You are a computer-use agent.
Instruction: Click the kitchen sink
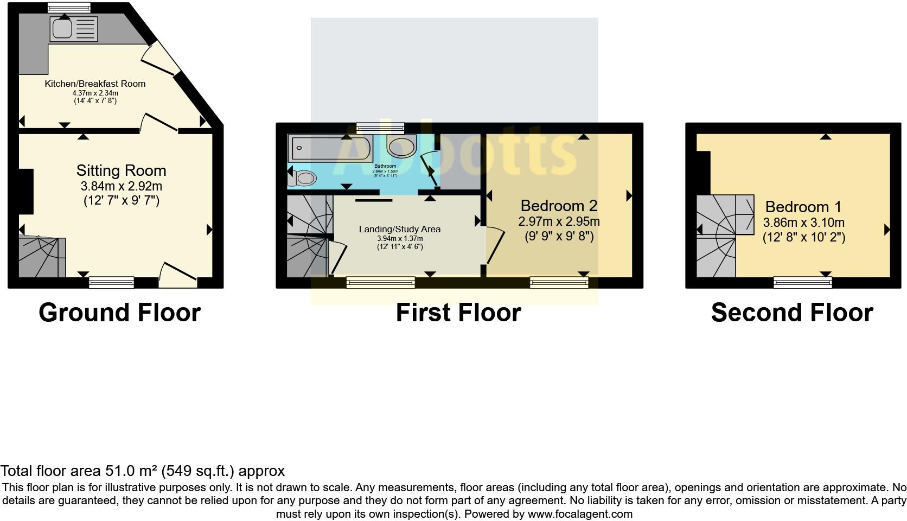coord(74,29)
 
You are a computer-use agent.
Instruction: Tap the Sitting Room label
coord(121,170)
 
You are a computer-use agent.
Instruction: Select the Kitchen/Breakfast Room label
coord(95,84)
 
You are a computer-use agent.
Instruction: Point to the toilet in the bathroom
coord(302,177)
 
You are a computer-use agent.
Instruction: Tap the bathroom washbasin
coord(401,145)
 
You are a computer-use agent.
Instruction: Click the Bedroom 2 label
coord(559,206)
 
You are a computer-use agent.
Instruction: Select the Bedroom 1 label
coord(803,207)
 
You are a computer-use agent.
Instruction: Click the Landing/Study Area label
coord(400,229)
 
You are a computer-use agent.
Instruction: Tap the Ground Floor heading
coord(120,313)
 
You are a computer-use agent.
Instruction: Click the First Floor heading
coord(458,313)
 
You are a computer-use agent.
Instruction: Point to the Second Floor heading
coord(792,313)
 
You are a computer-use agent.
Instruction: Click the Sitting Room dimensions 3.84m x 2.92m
coord(121,186)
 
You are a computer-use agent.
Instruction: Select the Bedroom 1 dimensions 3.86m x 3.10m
coord(803,223)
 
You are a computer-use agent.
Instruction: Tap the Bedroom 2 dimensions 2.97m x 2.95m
coord(559,221)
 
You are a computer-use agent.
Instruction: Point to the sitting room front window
coord(111,282)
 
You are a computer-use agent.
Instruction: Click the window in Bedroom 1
coord(802,282)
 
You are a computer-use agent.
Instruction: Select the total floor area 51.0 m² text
coord(142,471)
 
